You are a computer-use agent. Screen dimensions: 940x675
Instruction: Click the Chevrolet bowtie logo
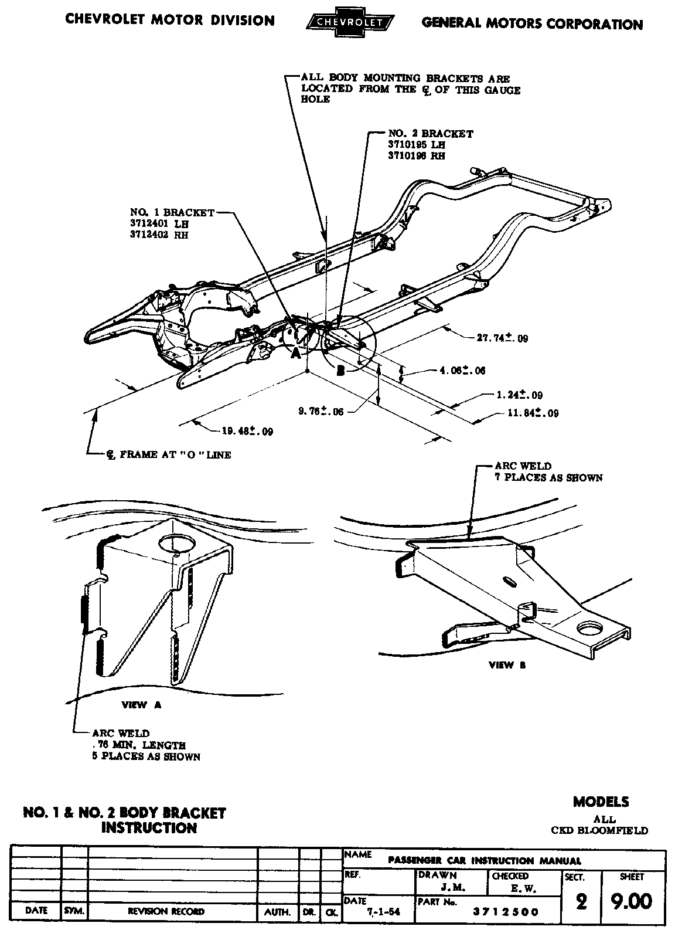pos(350,22)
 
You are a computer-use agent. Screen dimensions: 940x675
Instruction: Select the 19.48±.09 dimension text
pos(247,432)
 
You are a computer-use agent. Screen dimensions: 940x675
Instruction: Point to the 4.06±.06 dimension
pos(462,371)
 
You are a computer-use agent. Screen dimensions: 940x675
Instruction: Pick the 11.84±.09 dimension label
pos(532,413)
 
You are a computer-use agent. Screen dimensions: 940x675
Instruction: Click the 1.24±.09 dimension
pos(519,395)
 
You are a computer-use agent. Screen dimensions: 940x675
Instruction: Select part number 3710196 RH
pos(416,156)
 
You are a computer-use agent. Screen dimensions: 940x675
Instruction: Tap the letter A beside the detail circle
pos(296,354)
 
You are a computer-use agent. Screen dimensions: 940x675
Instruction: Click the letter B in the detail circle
pos(340,370)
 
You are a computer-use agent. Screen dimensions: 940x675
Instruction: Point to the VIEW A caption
pos(141,705)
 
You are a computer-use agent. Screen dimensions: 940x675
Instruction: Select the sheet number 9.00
pos(630,901)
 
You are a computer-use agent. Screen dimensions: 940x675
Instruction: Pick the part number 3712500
pos(507,912)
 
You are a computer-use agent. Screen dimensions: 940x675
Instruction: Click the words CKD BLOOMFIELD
pos(599,830)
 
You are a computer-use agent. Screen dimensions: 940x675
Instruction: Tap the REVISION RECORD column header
pos(166,912)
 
